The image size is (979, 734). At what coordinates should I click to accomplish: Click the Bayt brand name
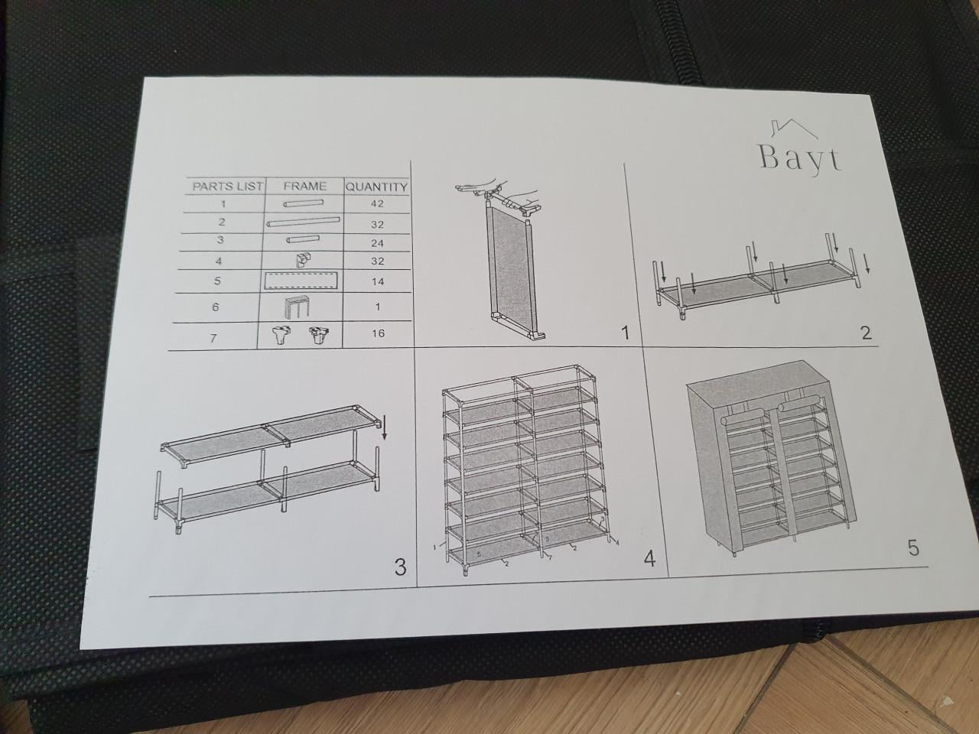[800, 156]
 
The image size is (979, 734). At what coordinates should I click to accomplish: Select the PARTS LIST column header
[227, 186]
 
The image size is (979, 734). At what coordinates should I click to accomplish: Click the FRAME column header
[304, 186]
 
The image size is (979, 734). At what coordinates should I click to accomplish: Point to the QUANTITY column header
[376, 187]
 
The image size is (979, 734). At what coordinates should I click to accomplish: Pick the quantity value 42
[376, 204]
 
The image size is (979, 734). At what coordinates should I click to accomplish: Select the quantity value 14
[377, 281]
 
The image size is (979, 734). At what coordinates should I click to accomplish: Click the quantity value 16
[377, 333]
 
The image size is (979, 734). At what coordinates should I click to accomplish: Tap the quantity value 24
[376, 243]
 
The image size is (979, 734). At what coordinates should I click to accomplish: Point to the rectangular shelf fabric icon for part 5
[304, 280]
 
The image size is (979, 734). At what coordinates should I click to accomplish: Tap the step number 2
[866, 333]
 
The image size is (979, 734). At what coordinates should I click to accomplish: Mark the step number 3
[399, 567]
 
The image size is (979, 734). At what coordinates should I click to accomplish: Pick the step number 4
[649, 560]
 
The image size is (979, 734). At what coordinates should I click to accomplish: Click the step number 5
[912, 548]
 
